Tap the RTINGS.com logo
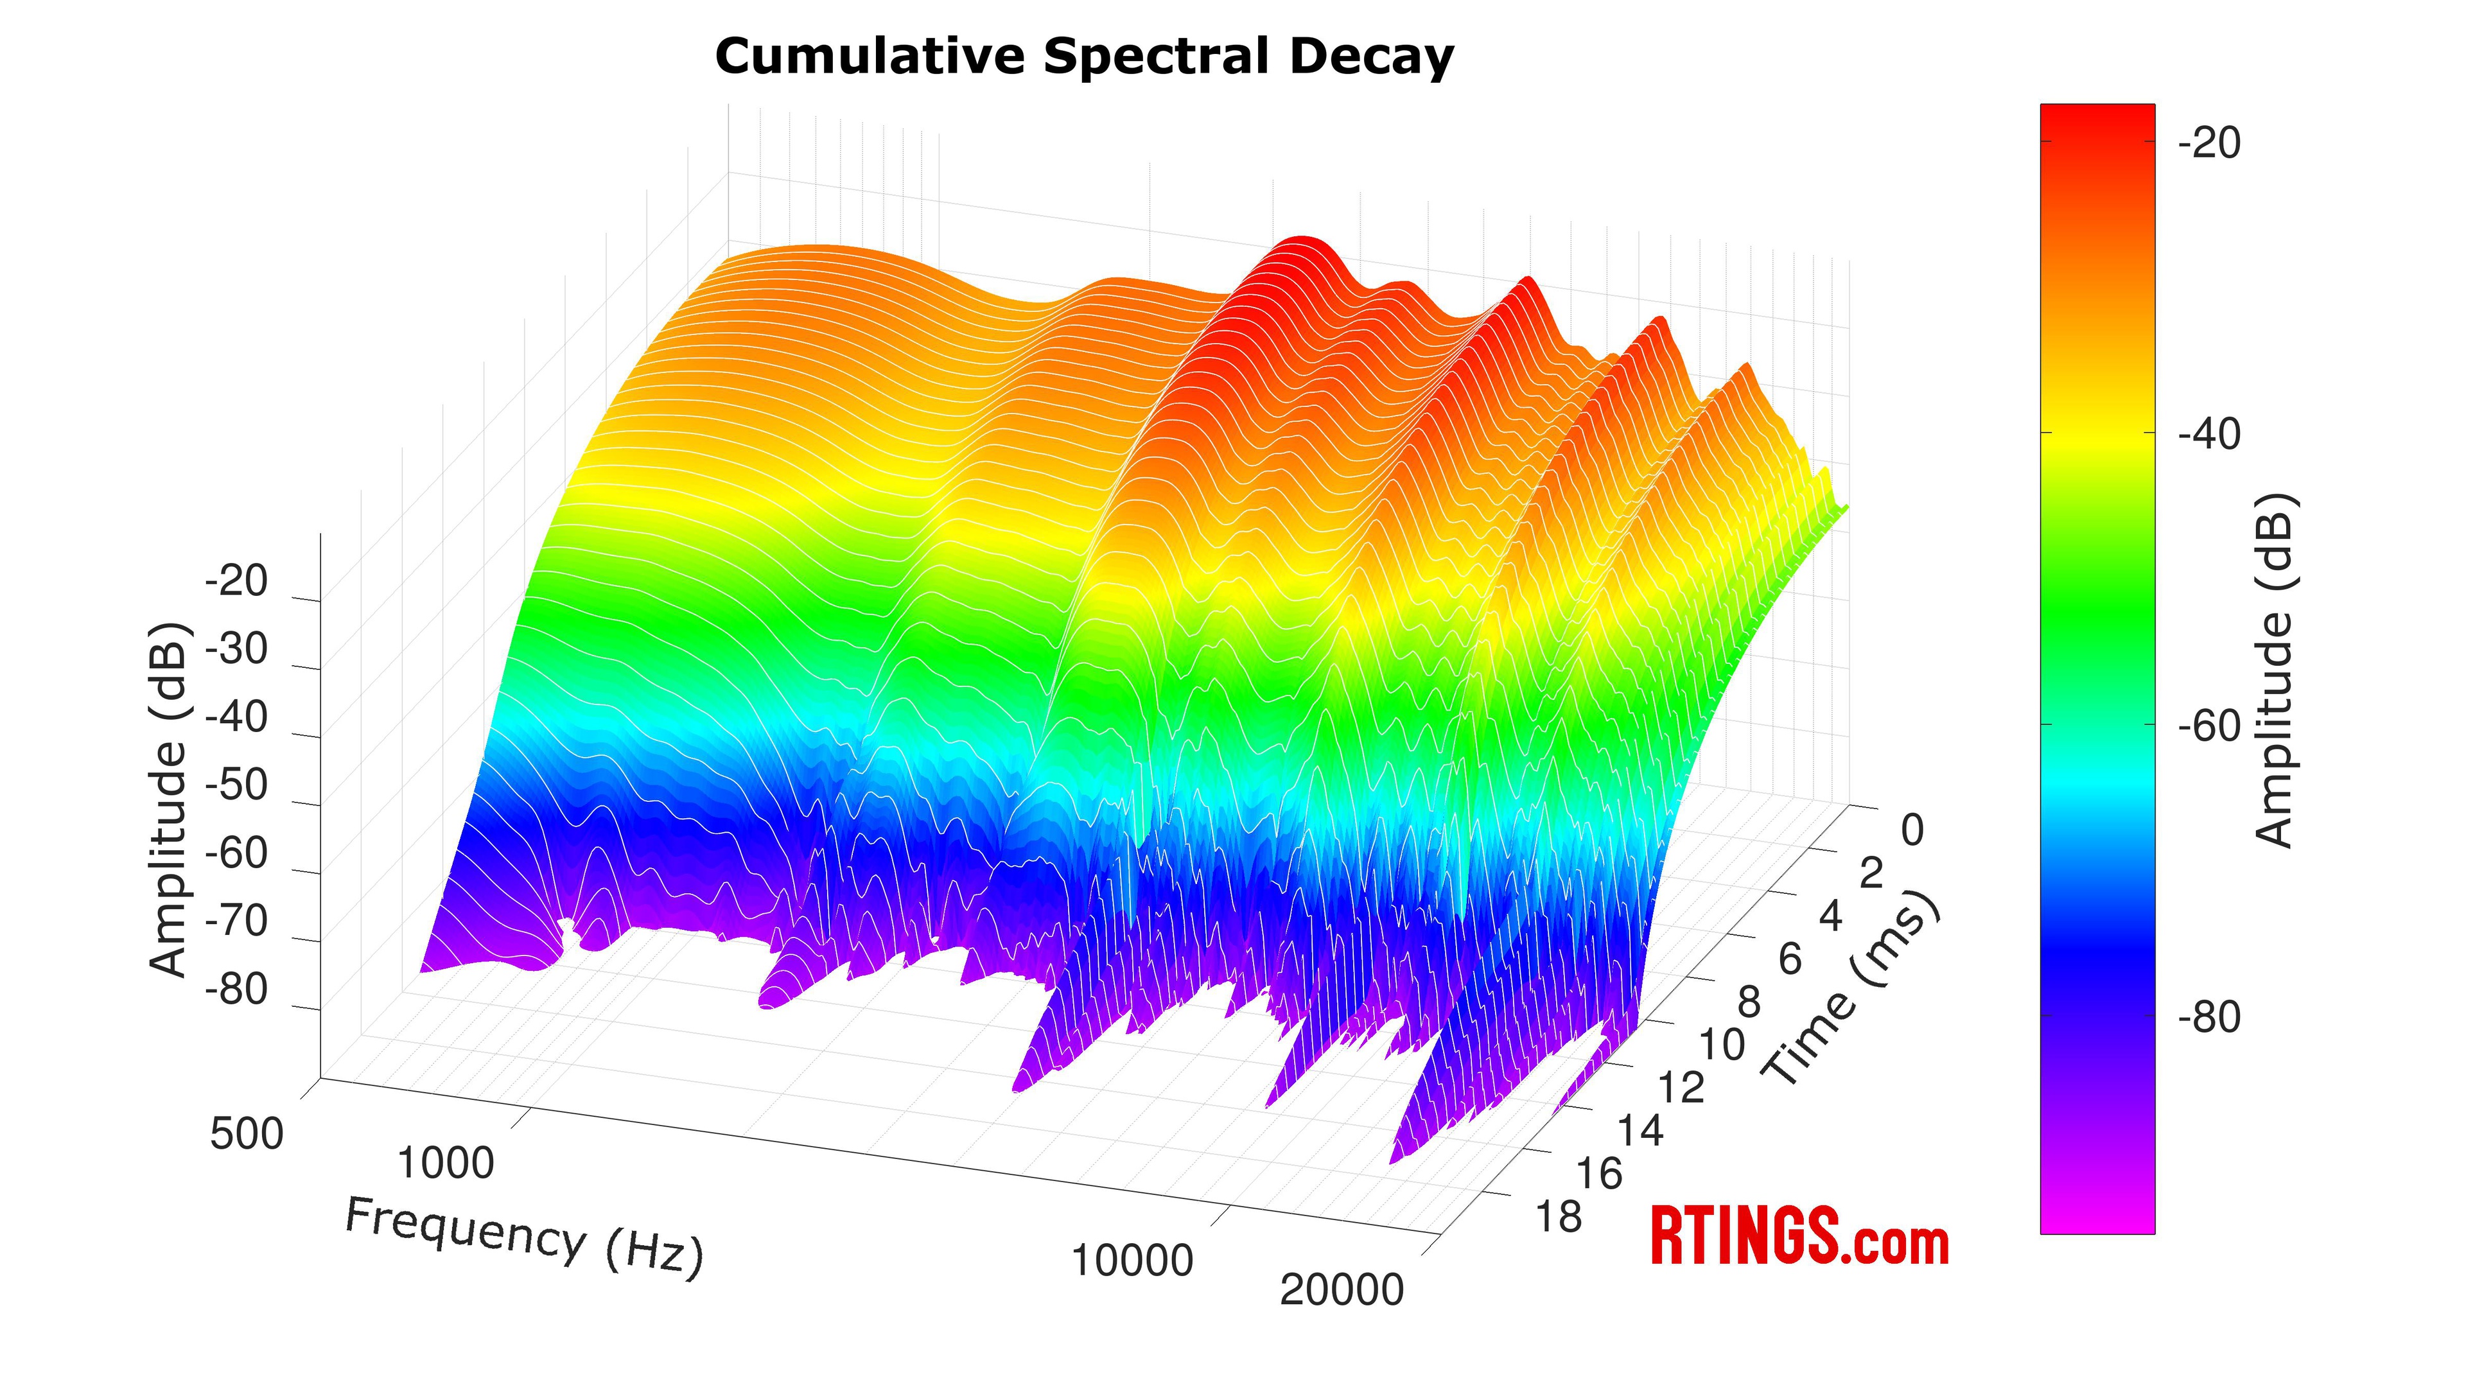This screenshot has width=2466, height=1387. pyautogui.click(x=1799, y=1237)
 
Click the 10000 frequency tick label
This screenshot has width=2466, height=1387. pyautogui.click(x=1132, y=1261)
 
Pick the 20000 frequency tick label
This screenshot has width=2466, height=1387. pyautogui.click(x=1341, y=1290)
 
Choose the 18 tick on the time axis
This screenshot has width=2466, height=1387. pyautogui.click(x=1559, y=1217)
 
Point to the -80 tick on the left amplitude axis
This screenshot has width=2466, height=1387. pyautogui.click(x=236, y=990)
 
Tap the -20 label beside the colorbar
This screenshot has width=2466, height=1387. pyautogui.click(x=2209, y=144)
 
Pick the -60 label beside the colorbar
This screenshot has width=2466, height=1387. pyautogui.click(x=2209, y=726)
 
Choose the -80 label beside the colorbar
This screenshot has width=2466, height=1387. pyautogui.click(x=2209, y=1018)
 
